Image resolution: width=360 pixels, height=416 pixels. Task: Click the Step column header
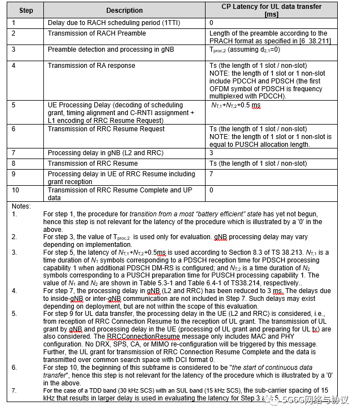click(x=26, y=10)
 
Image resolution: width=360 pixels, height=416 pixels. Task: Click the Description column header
click(x=124, y=10)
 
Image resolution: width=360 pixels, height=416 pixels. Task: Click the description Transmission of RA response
click(x=91, y=66)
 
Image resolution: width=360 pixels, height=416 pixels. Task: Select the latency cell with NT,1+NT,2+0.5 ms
click(x=236, y=106)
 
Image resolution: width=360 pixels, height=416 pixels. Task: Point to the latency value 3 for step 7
click(x=212, y=152)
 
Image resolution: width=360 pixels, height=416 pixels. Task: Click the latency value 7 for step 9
click(x=212, y=175)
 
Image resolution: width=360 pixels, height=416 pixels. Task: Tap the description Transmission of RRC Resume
click(x=92, y=164)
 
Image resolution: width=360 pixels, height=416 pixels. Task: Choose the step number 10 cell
click(x=16, y=190)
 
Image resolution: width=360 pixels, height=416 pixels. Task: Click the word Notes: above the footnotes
click(x=22, y=206)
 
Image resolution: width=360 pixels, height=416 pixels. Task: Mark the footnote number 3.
click(x=14, y=252)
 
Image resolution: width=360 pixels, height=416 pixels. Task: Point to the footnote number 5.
click(x=14, y=313)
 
